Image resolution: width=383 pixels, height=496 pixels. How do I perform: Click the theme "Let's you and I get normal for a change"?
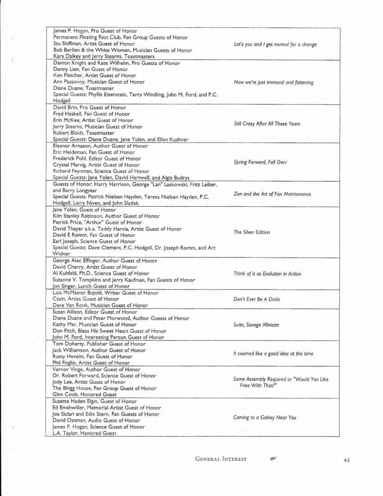pos(275,44)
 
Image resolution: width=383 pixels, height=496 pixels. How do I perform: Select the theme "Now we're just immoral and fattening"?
pos(274,83)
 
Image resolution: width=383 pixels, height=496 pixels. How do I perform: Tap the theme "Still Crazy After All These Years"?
pos(267,124)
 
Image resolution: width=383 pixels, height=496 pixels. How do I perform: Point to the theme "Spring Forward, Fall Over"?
pos(260,162)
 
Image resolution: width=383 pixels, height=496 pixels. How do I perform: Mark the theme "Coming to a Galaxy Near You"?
pos(264,418)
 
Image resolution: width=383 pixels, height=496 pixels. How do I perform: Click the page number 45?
pos(347,460)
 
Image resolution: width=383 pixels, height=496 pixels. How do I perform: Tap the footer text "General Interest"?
pos(221,459)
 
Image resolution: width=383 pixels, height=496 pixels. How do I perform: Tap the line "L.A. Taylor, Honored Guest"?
pos(84,433)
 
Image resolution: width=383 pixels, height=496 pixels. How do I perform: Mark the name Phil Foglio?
pos(66,363)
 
